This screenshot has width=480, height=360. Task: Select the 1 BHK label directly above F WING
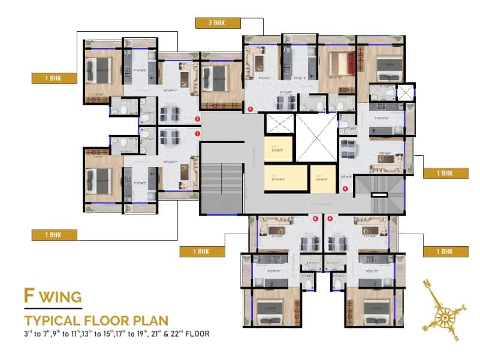pyautogui.click(x=53, y=234)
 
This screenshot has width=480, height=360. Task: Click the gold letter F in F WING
pyautogui.click(x=28, y=296)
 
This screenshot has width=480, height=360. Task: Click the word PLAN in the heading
pyautogui.click(x=149, y=319)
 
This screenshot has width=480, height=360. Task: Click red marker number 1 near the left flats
pyautogui.click(x=197, y=134)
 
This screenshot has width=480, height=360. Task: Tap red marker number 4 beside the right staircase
pyautogui.click(x=345, y=189)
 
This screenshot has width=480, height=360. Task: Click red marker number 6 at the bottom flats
pyautogui.click(x=315, y=219)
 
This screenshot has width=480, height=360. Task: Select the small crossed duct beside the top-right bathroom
pyautogui.click(x=405, y=93)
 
